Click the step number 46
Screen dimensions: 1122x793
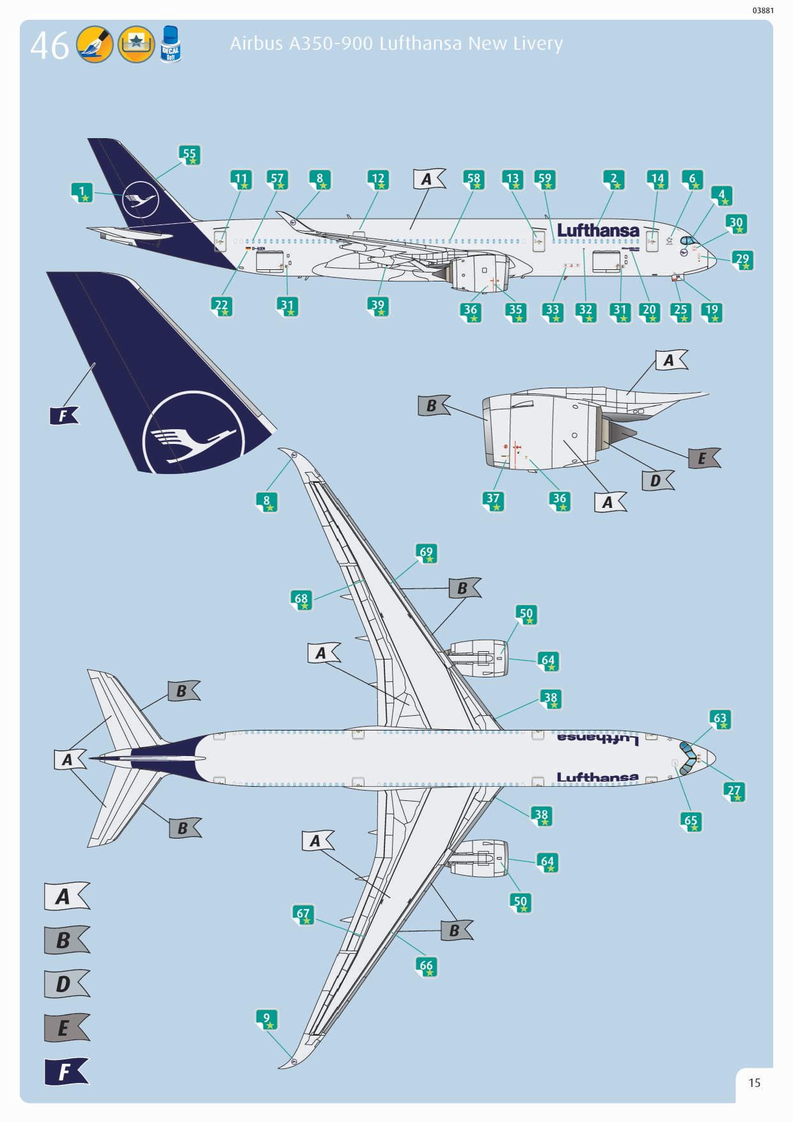(x=49, y=45)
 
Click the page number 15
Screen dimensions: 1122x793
(x=755, y=1082)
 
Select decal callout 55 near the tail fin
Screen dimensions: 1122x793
(x=189, y=155)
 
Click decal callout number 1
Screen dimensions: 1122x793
(x=82, y=192)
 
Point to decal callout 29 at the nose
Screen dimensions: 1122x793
(x=742, y=260)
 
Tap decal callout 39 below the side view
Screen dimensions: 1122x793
(x=378, y=306)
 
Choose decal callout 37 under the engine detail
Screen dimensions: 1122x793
(x=492, y=500)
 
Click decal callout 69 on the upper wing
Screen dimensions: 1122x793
(x=426, y=553)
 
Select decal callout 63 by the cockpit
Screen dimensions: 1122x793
(x=720, y=719)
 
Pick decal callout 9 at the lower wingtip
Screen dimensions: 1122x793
(x=267, y=1019)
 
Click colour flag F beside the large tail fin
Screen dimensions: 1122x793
(x=64, y=416)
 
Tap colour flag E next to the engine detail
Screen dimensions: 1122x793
(x=703, y=458)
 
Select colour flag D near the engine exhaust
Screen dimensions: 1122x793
(x=657, y=480)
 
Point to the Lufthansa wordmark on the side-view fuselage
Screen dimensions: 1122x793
(x=598, y=230)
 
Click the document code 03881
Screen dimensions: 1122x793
(x=762, y=10)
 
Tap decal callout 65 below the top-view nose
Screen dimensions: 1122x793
(x=691, y=821)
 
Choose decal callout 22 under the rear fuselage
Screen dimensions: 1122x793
(x=221, y=306)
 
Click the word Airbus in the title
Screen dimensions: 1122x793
(x=256, y=43)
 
